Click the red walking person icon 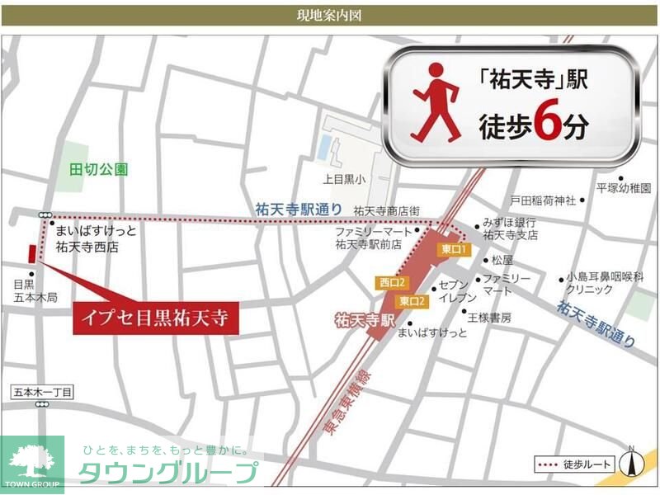pos(435,103)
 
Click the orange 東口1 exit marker pos(454,249)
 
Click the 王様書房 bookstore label pos(490,317)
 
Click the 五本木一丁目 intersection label pos(44,392)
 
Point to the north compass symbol pos(631,463)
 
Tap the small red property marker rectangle pos(32,252)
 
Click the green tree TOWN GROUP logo pos(31,464)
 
